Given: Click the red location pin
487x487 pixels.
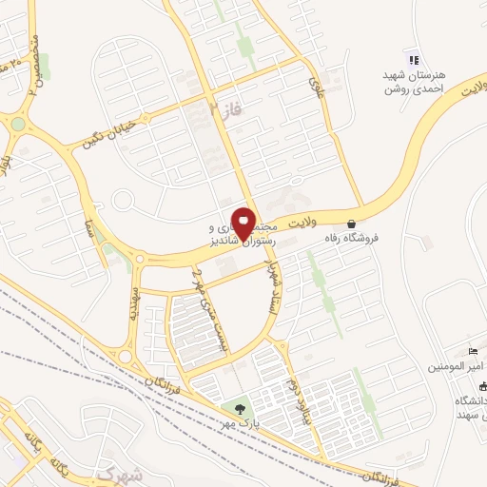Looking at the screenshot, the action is pos(243,223).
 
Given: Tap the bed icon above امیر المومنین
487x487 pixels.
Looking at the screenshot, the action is pos(474,352).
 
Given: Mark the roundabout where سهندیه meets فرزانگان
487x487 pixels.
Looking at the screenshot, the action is pos(125,356).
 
